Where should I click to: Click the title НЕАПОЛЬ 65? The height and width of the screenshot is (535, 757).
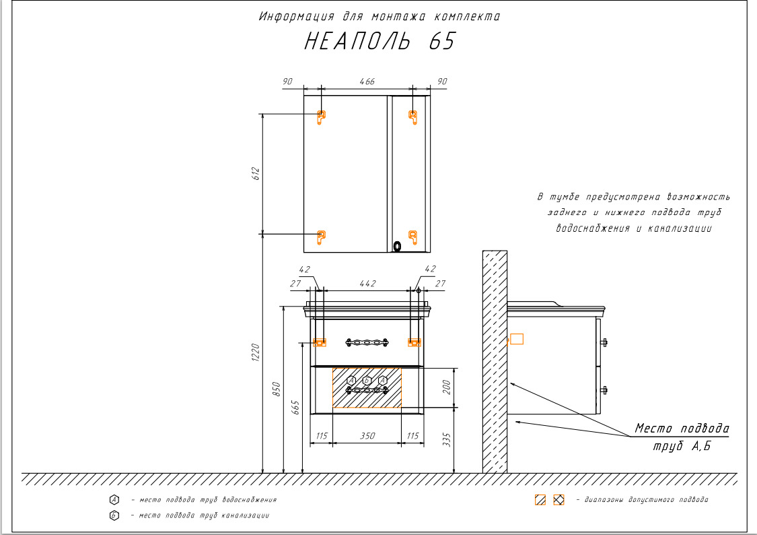(380, 41)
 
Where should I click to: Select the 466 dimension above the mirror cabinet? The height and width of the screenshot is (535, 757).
(367, 81)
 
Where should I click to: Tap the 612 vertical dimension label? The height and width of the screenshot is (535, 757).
(256, 173)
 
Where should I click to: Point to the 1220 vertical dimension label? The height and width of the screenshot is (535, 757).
(256, 352)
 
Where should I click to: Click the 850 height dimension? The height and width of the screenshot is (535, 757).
(276, 389)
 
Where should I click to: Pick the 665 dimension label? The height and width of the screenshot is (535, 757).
(295, 407)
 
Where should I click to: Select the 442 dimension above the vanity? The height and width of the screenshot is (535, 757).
(367, 284)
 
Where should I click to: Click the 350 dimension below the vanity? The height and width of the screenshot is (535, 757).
(367, 436)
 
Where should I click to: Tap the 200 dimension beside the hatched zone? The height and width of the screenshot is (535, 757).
(447, 387)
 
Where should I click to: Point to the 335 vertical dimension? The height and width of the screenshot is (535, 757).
(447, 439)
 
